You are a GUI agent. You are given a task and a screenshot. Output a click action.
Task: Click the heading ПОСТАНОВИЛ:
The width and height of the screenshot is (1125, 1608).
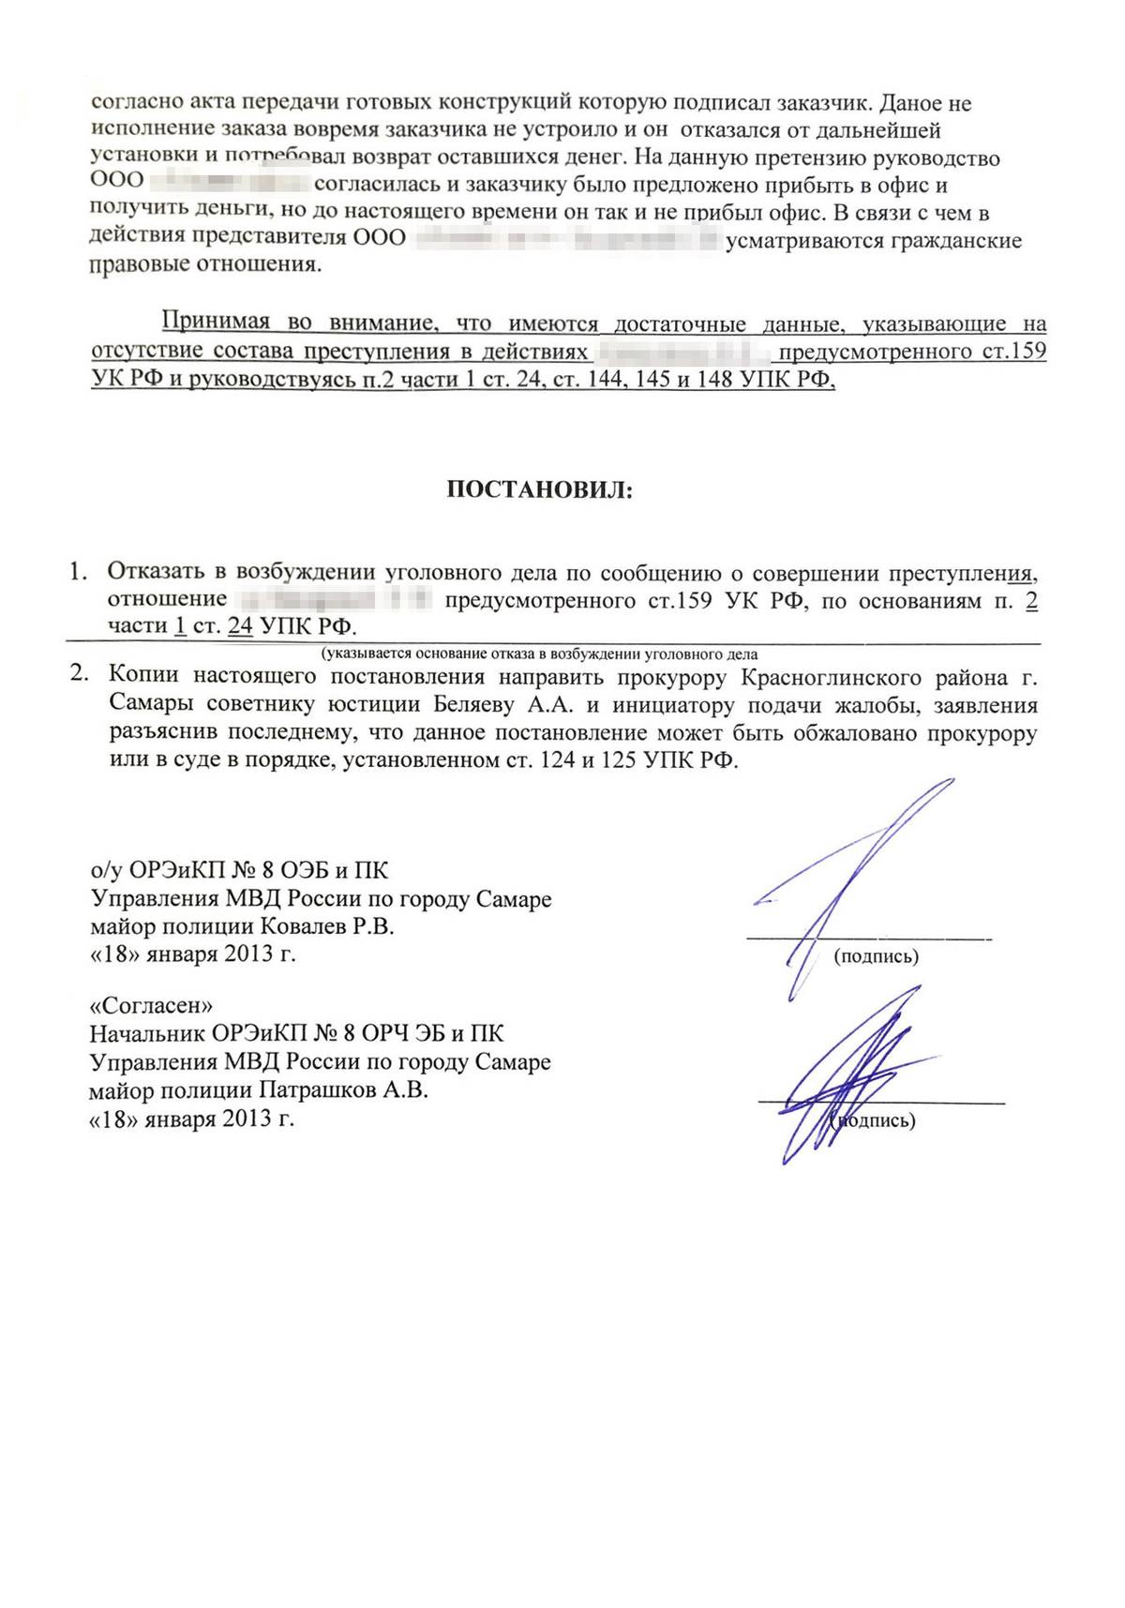(539, 489)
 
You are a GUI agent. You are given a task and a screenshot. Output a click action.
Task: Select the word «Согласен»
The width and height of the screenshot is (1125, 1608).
(151, 1005)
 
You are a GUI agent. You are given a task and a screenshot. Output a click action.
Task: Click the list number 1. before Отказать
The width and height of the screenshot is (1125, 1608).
(79, 571)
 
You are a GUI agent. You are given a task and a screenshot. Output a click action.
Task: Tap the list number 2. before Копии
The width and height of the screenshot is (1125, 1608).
(81, 674)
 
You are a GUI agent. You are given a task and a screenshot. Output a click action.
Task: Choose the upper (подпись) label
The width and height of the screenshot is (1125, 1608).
(876, 956)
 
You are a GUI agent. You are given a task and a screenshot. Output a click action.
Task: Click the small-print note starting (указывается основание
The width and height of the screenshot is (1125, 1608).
(539, 654)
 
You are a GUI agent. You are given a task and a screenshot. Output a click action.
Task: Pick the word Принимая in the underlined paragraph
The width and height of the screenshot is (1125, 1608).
(216, 323)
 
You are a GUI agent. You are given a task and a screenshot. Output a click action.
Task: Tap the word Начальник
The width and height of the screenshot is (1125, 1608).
(145, 1033)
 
